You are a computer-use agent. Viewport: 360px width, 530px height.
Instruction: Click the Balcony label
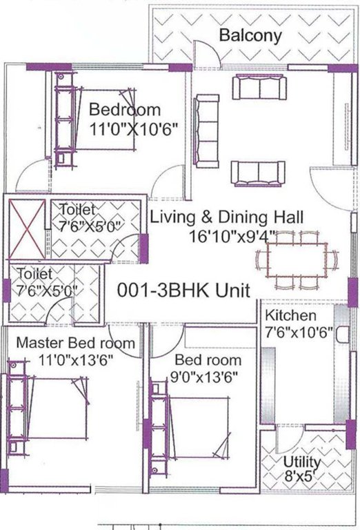[x=250, y=36]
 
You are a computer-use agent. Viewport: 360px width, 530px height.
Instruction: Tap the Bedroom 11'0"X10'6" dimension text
[x=134, y=128]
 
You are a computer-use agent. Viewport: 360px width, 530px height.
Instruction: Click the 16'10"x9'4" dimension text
[x=232, y=236]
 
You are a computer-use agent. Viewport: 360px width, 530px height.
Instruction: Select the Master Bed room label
[x=75, y=342]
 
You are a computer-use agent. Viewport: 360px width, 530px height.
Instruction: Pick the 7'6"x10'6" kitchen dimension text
[x=299, y=332]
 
